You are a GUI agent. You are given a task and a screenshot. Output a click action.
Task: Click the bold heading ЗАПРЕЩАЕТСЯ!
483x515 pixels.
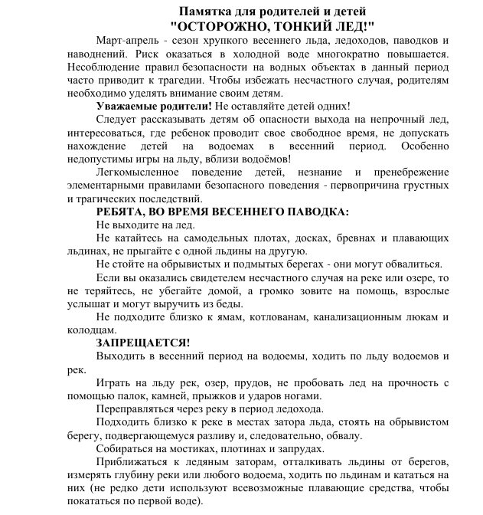pos(142,343)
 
